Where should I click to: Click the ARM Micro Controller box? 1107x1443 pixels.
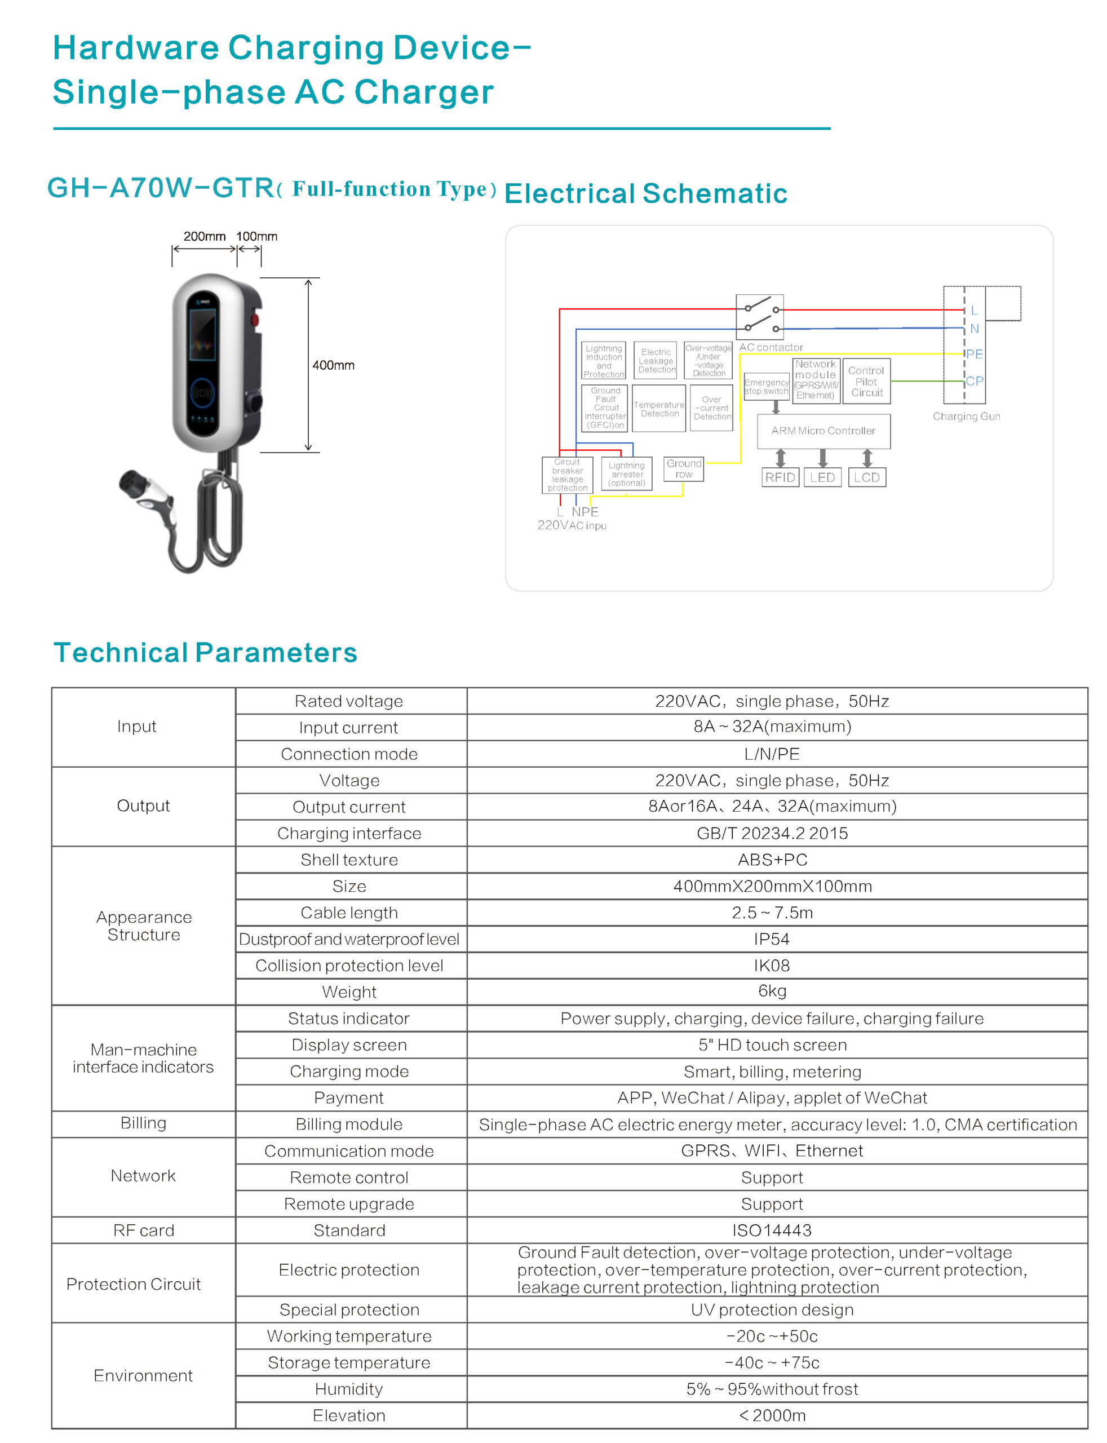click(823, 431)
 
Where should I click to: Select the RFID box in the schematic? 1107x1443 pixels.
click(780, 477)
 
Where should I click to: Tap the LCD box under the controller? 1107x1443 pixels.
click(866, 477)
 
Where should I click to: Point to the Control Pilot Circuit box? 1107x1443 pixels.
click(866, 382)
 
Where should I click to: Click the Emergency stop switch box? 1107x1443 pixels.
click(767, 387)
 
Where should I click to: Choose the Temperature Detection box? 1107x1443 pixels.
click(659, 409)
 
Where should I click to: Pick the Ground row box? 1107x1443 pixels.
click(683, 468)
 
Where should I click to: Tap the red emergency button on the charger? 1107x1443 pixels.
click(254, 321)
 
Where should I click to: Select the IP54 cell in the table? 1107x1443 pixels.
click(772, 939)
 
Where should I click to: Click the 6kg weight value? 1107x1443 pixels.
click(772, 991)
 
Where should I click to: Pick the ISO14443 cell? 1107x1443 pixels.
click(772, 1230)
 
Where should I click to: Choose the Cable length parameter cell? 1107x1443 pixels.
click(349, 913)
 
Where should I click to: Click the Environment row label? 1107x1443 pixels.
click(143, 1375)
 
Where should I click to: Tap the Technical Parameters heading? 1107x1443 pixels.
click(205, 652)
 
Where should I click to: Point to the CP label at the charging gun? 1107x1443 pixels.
click(974, 381)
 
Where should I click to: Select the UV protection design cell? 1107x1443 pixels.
click(772, 1309)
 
